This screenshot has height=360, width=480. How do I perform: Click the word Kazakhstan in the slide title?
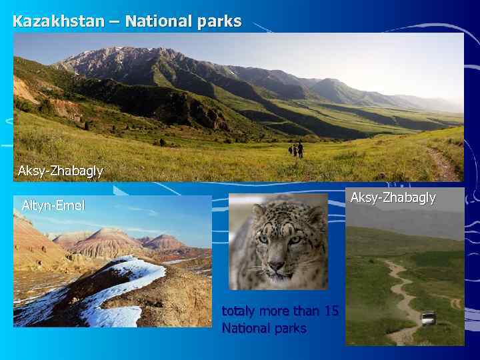59,21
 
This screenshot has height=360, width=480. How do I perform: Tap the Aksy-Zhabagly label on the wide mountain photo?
61,171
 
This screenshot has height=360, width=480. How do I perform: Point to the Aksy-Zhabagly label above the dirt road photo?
393,197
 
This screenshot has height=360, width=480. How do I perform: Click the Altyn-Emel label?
53,205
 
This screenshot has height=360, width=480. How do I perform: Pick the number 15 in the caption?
331,311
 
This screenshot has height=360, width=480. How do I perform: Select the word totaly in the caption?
238,311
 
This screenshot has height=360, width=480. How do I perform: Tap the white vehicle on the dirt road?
428,318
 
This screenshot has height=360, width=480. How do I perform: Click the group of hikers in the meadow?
296,150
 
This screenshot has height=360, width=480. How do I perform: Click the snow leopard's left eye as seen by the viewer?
264,238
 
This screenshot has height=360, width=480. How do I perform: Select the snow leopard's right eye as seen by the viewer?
293,239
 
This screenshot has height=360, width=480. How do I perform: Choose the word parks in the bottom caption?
291,328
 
